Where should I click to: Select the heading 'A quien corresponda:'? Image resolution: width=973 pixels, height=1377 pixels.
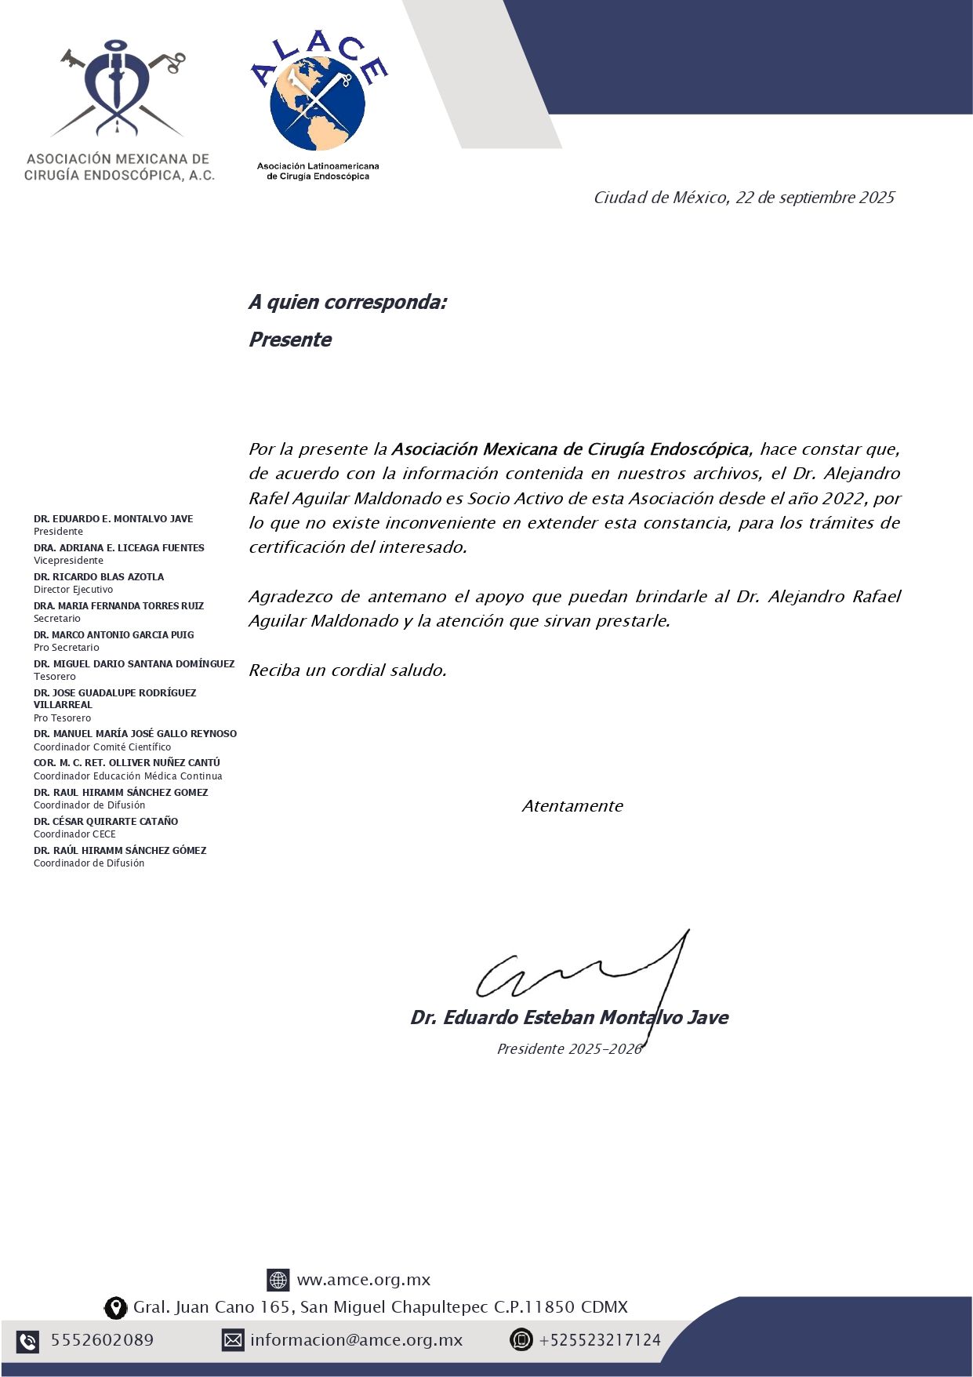[x=347, y=302]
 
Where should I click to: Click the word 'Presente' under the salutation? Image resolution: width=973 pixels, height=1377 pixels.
[x=290, y=340]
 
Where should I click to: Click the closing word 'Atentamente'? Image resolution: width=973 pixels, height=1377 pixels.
[x=572, y=806]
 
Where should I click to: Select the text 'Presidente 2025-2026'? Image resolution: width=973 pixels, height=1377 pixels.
[x=569, y=1048]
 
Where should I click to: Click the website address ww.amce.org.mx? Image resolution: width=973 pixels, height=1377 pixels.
[x=363, y=1280]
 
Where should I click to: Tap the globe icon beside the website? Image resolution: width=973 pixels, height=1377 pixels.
[x=278, y=1280]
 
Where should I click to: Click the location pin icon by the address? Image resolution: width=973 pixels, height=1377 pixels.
[x=116, y=1307]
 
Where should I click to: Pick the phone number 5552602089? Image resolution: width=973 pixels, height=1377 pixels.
[x=102, y=1340]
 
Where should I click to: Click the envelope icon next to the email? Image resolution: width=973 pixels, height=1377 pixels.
[x=233, y=1340]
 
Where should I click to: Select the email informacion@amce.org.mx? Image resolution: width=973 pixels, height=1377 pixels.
[x=356, y=1340]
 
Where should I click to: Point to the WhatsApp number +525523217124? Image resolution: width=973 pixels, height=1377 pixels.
[x=600, y=1340]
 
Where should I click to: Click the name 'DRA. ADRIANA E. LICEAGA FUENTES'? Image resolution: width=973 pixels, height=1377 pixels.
[x=118, y=547]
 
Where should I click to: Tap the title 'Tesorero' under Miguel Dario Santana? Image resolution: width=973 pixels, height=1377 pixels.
[x=55, y=676]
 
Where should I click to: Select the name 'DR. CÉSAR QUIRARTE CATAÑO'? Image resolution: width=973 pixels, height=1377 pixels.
[x=106, y=821]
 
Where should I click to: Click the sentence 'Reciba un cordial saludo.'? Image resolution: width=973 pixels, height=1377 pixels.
[x=347, y=670]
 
